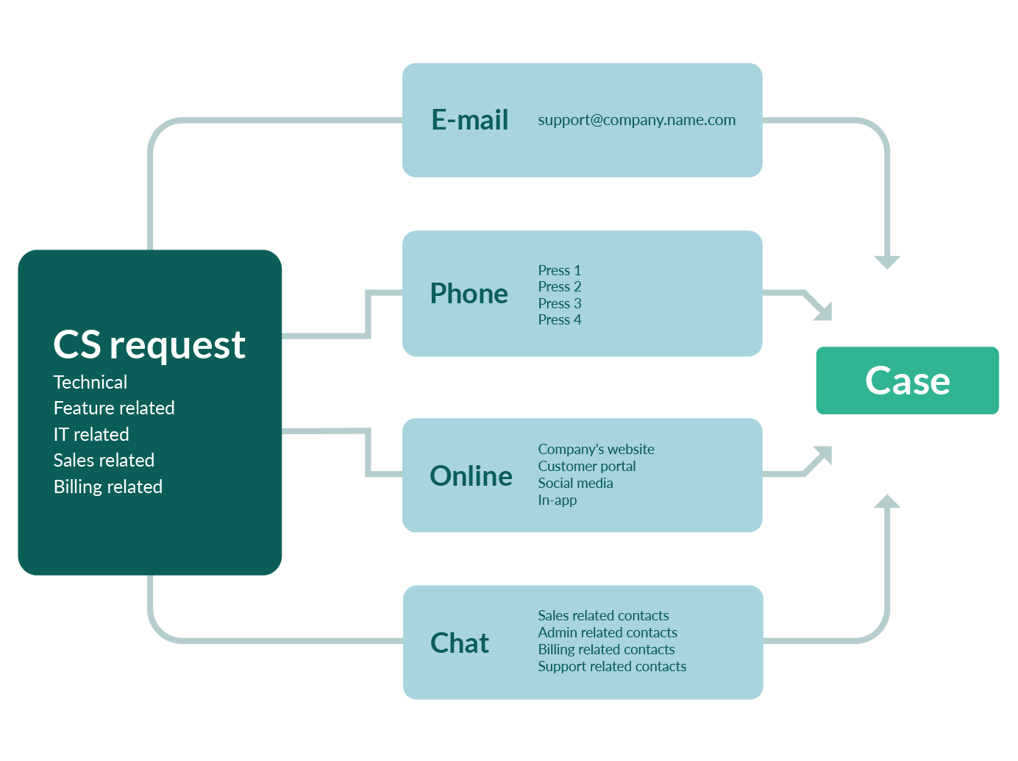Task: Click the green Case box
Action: coord(907,380)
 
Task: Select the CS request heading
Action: coord(149,345)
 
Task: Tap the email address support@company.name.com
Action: coord(636,120)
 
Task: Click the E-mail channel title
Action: coord(469,120)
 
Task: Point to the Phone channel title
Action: coord(469,294)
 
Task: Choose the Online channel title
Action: coord(471,476)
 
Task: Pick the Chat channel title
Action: coord(459,643)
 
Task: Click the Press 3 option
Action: coord(559,303)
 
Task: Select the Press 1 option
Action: coord(559,270)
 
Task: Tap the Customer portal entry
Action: coord(586,466)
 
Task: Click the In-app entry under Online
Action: coord(557,500)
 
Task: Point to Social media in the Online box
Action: coord(575,483)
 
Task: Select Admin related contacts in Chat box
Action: coord(607,632)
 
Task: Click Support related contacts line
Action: coord(611,666)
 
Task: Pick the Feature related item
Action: coord(114,408)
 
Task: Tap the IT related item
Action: coord(91,434)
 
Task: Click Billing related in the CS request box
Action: coord(108,486)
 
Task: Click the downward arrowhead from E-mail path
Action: coord(887,261)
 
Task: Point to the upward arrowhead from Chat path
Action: coord(887,502)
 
